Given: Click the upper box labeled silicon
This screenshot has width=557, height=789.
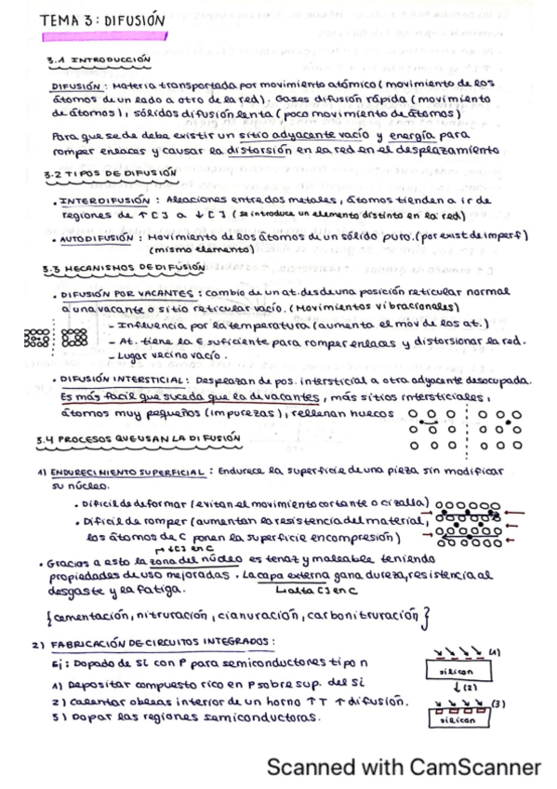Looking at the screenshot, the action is [463, 670].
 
